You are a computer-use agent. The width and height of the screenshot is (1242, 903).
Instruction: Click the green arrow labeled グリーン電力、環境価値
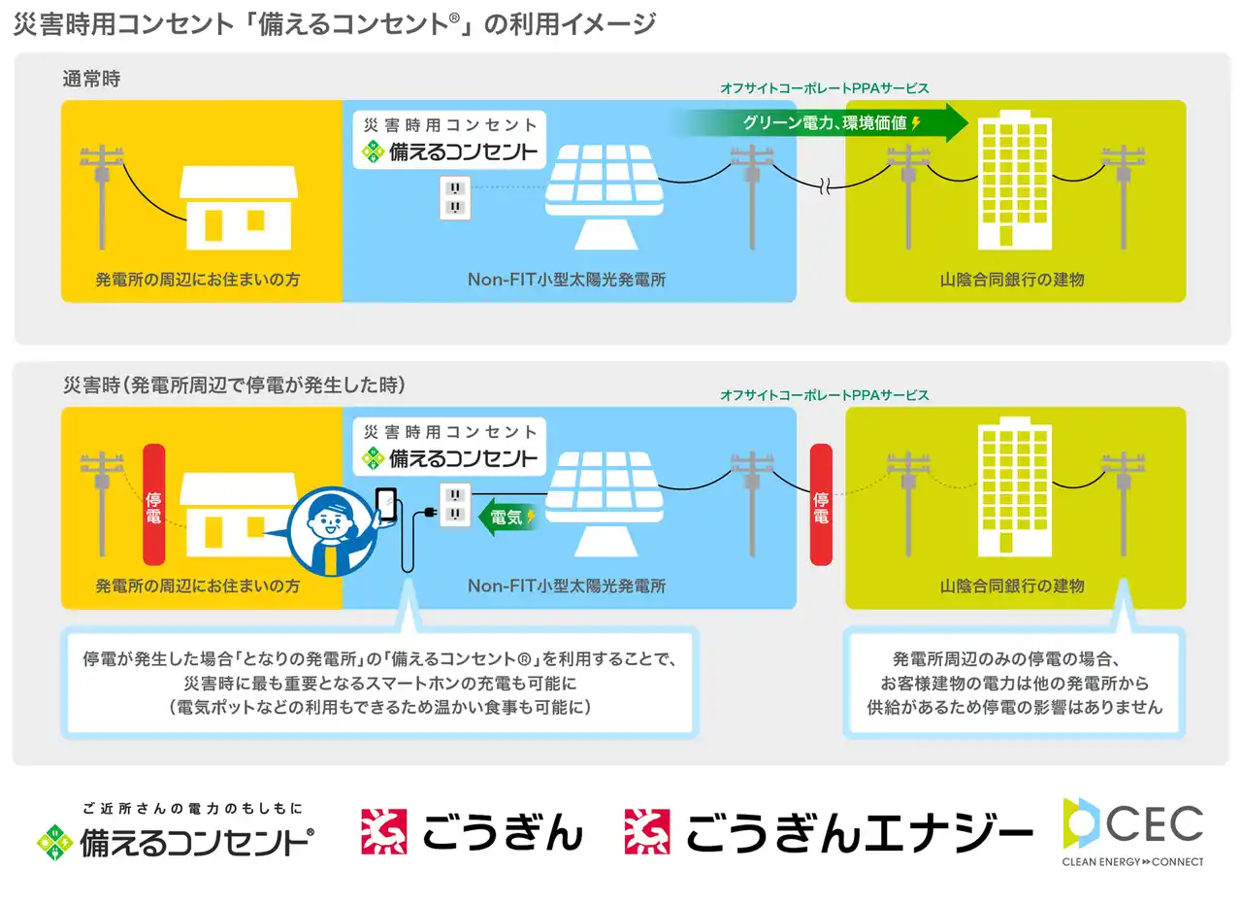tap(821, 122)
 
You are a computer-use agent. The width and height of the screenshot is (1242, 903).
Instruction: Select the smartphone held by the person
tap(386, 504)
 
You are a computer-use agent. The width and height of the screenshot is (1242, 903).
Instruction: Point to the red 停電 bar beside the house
tap(154, 504)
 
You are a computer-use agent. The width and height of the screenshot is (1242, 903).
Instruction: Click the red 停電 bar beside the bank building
tap(821, 504)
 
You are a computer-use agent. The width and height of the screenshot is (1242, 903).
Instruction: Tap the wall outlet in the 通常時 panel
tap(455, 198)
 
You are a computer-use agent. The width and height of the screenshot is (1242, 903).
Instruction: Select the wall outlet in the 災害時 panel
tap(455, 504)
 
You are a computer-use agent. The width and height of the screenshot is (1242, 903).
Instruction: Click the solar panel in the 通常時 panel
tap(605, 197)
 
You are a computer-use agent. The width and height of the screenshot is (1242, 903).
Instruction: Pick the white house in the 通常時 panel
tap(239, 208)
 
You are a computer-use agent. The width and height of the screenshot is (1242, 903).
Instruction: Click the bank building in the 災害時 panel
tap(1015, 486)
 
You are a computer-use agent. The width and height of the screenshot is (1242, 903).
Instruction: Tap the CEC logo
tap(1132, 832)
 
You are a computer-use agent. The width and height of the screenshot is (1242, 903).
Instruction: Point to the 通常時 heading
tap(91, 79)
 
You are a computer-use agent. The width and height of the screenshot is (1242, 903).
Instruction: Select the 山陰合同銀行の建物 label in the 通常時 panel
tap(1012, 280)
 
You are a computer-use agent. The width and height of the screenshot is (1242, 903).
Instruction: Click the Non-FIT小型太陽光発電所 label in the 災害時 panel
tap(567, 585)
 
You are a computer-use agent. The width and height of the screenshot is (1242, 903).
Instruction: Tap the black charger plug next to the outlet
tap(428, 513)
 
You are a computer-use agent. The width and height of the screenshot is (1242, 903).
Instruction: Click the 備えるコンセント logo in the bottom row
tap(176, 832)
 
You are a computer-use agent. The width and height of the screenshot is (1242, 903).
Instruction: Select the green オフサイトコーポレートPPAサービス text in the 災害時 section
tap(825, 395)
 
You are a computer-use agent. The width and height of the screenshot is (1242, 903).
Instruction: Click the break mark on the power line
tap(825, 187)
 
